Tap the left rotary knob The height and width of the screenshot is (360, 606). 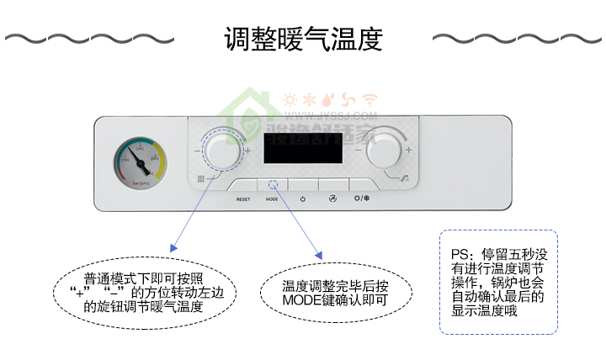coord(222,151)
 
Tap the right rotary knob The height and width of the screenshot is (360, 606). coord(384,150)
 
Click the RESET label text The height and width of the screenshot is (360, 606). coord(243,199)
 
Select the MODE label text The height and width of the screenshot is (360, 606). coord(272,199)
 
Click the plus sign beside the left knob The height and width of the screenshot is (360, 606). coord(248,150)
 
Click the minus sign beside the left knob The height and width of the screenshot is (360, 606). coord(196,151)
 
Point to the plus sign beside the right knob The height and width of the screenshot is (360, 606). coord(409,150)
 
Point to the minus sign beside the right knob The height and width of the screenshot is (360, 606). coord(359,150)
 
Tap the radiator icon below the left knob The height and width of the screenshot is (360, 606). coord(200,177)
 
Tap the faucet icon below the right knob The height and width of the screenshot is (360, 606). coord(405,177)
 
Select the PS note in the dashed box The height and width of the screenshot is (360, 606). coord(498,283)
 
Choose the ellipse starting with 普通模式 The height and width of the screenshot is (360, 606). coord(144,292)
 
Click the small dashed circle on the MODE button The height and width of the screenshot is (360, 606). coord(272,185)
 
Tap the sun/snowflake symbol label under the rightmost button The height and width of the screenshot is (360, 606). coord(362,199)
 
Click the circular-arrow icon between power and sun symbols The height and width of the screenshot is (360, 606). coord(332,199)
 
